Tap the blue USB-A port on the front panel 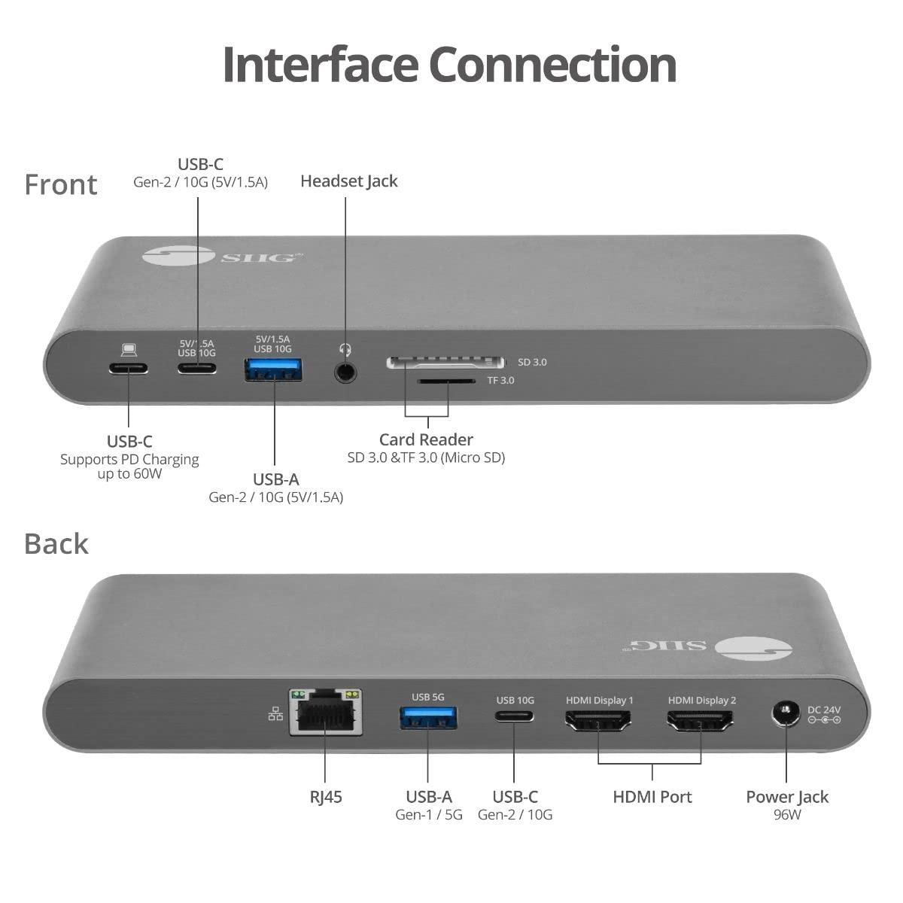273,369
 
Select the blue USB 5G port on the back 427,718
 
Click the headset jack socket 345,371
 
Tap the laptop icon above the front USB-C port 129,350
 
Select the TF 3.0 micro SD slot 447,382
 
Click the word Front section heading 61,185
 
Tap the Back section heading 56,543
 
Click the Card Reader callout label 426,440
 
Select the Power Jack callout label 786,797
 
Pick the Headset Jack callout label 348,181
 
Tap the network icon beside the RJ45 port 275,714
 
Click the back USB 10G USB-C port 515,717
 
